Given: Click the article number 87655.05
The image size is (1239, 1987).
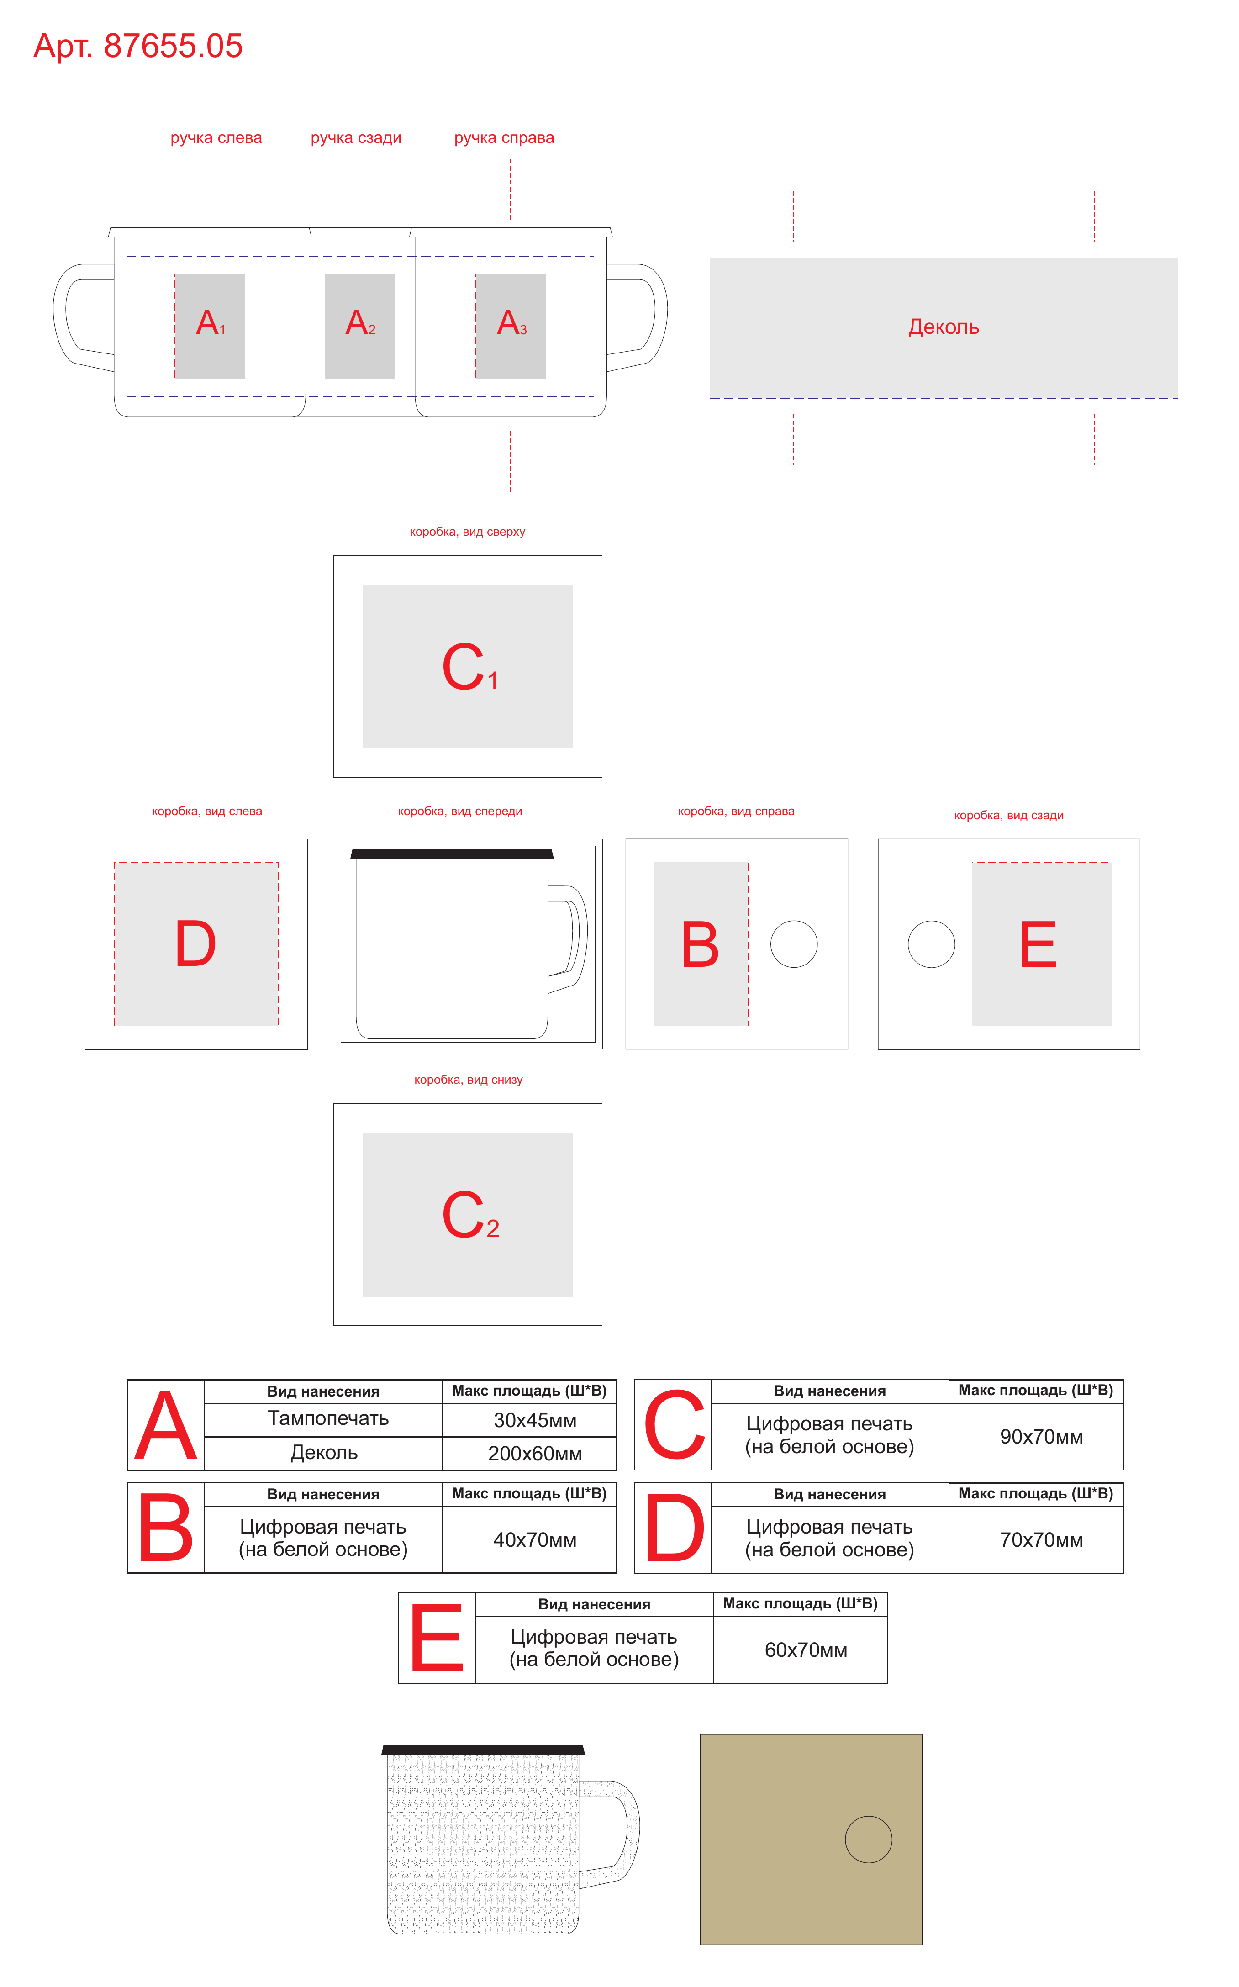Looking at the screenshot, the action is tap(173, 46).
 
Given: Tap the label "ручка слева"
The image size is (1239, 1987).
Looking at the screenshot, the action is tap(216, 137).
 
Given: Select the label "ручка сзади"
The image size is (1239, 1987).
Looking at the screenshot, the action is tap(356, 137).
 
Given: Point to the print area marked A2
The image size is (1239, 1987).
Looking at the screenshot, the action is tap(360, 326).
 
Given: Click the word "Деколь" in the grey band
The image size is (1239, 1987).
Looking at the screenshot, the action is tap(944, 327).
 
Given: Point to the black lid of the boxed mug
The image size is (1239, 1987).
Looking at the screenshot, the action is tap(452, 854).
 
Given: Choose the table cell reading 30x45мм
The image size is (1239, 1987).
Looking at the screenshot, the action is tap(535, 1420).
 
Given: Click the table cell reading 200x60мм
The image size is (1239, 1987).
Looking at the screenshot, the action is tap(535, 1454).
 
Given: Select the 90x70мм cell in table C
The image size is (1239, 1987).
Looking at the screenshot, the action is tap(1042, 1436).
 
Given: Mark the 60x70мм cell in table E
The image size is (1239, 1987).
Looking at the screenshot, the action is tap(807, 1650).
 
